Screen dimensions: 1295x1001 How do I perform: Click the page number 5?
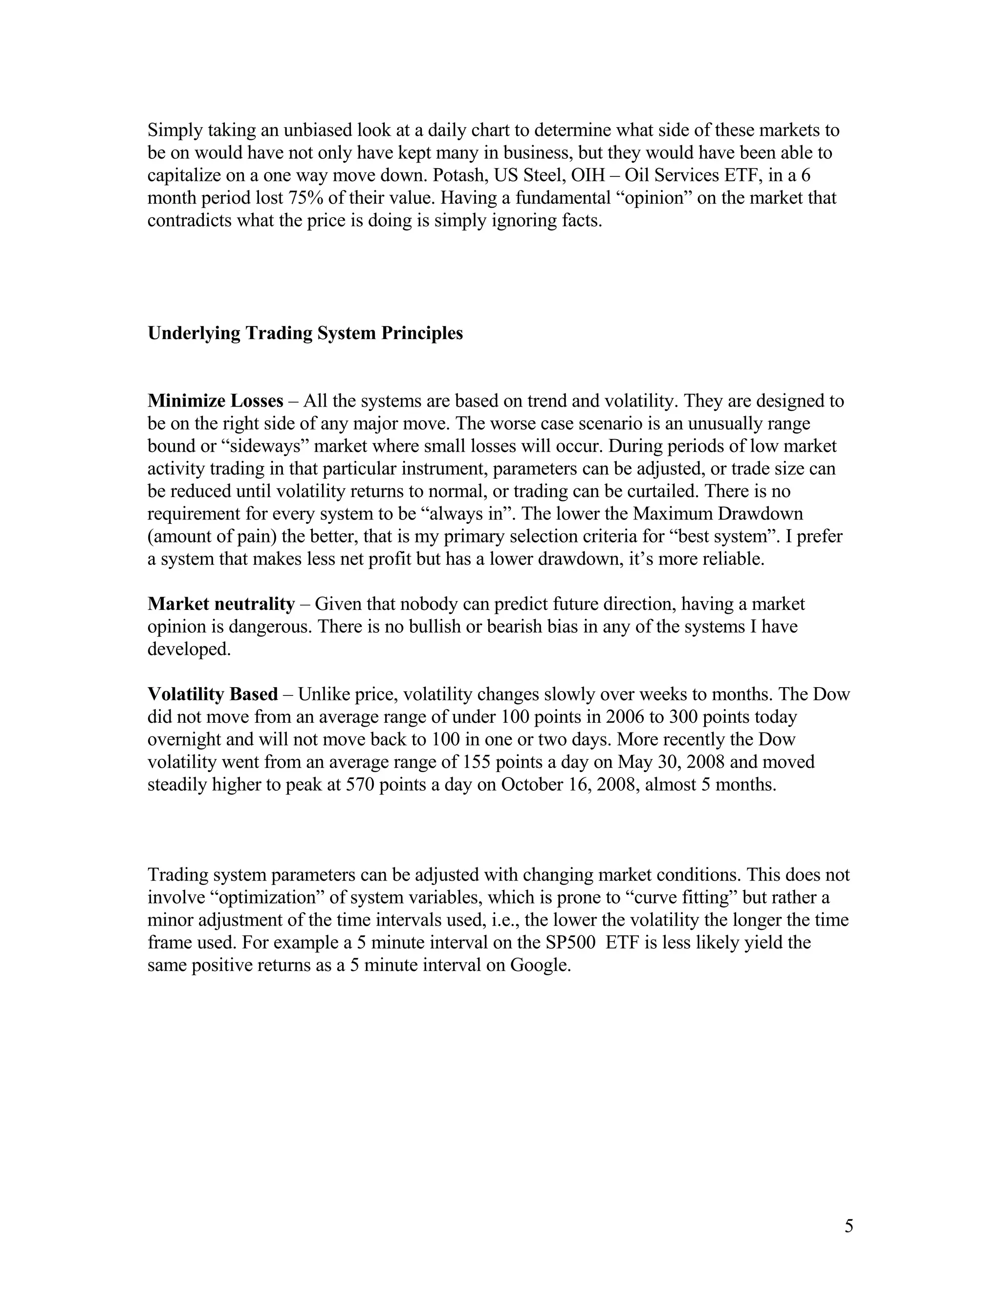coord(849,1226)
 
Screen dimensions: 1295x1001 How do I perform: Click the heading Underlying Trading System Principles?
coord(305,333)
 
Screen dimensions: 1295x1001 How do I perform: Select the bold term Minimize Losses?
coord(215,401)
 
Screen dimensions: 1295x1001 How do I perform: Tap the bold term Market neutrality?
coord(220,604)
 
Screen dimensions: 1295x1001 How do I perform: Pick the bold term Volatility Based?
coord(212,694)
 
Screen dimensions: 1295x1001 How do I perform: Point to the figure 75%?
coord(306,198)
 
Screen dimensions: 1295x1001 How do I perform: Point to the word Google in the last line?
coord(540,965)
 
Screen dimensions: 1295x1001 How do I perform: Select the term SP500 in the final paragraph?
coord(570,942)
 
